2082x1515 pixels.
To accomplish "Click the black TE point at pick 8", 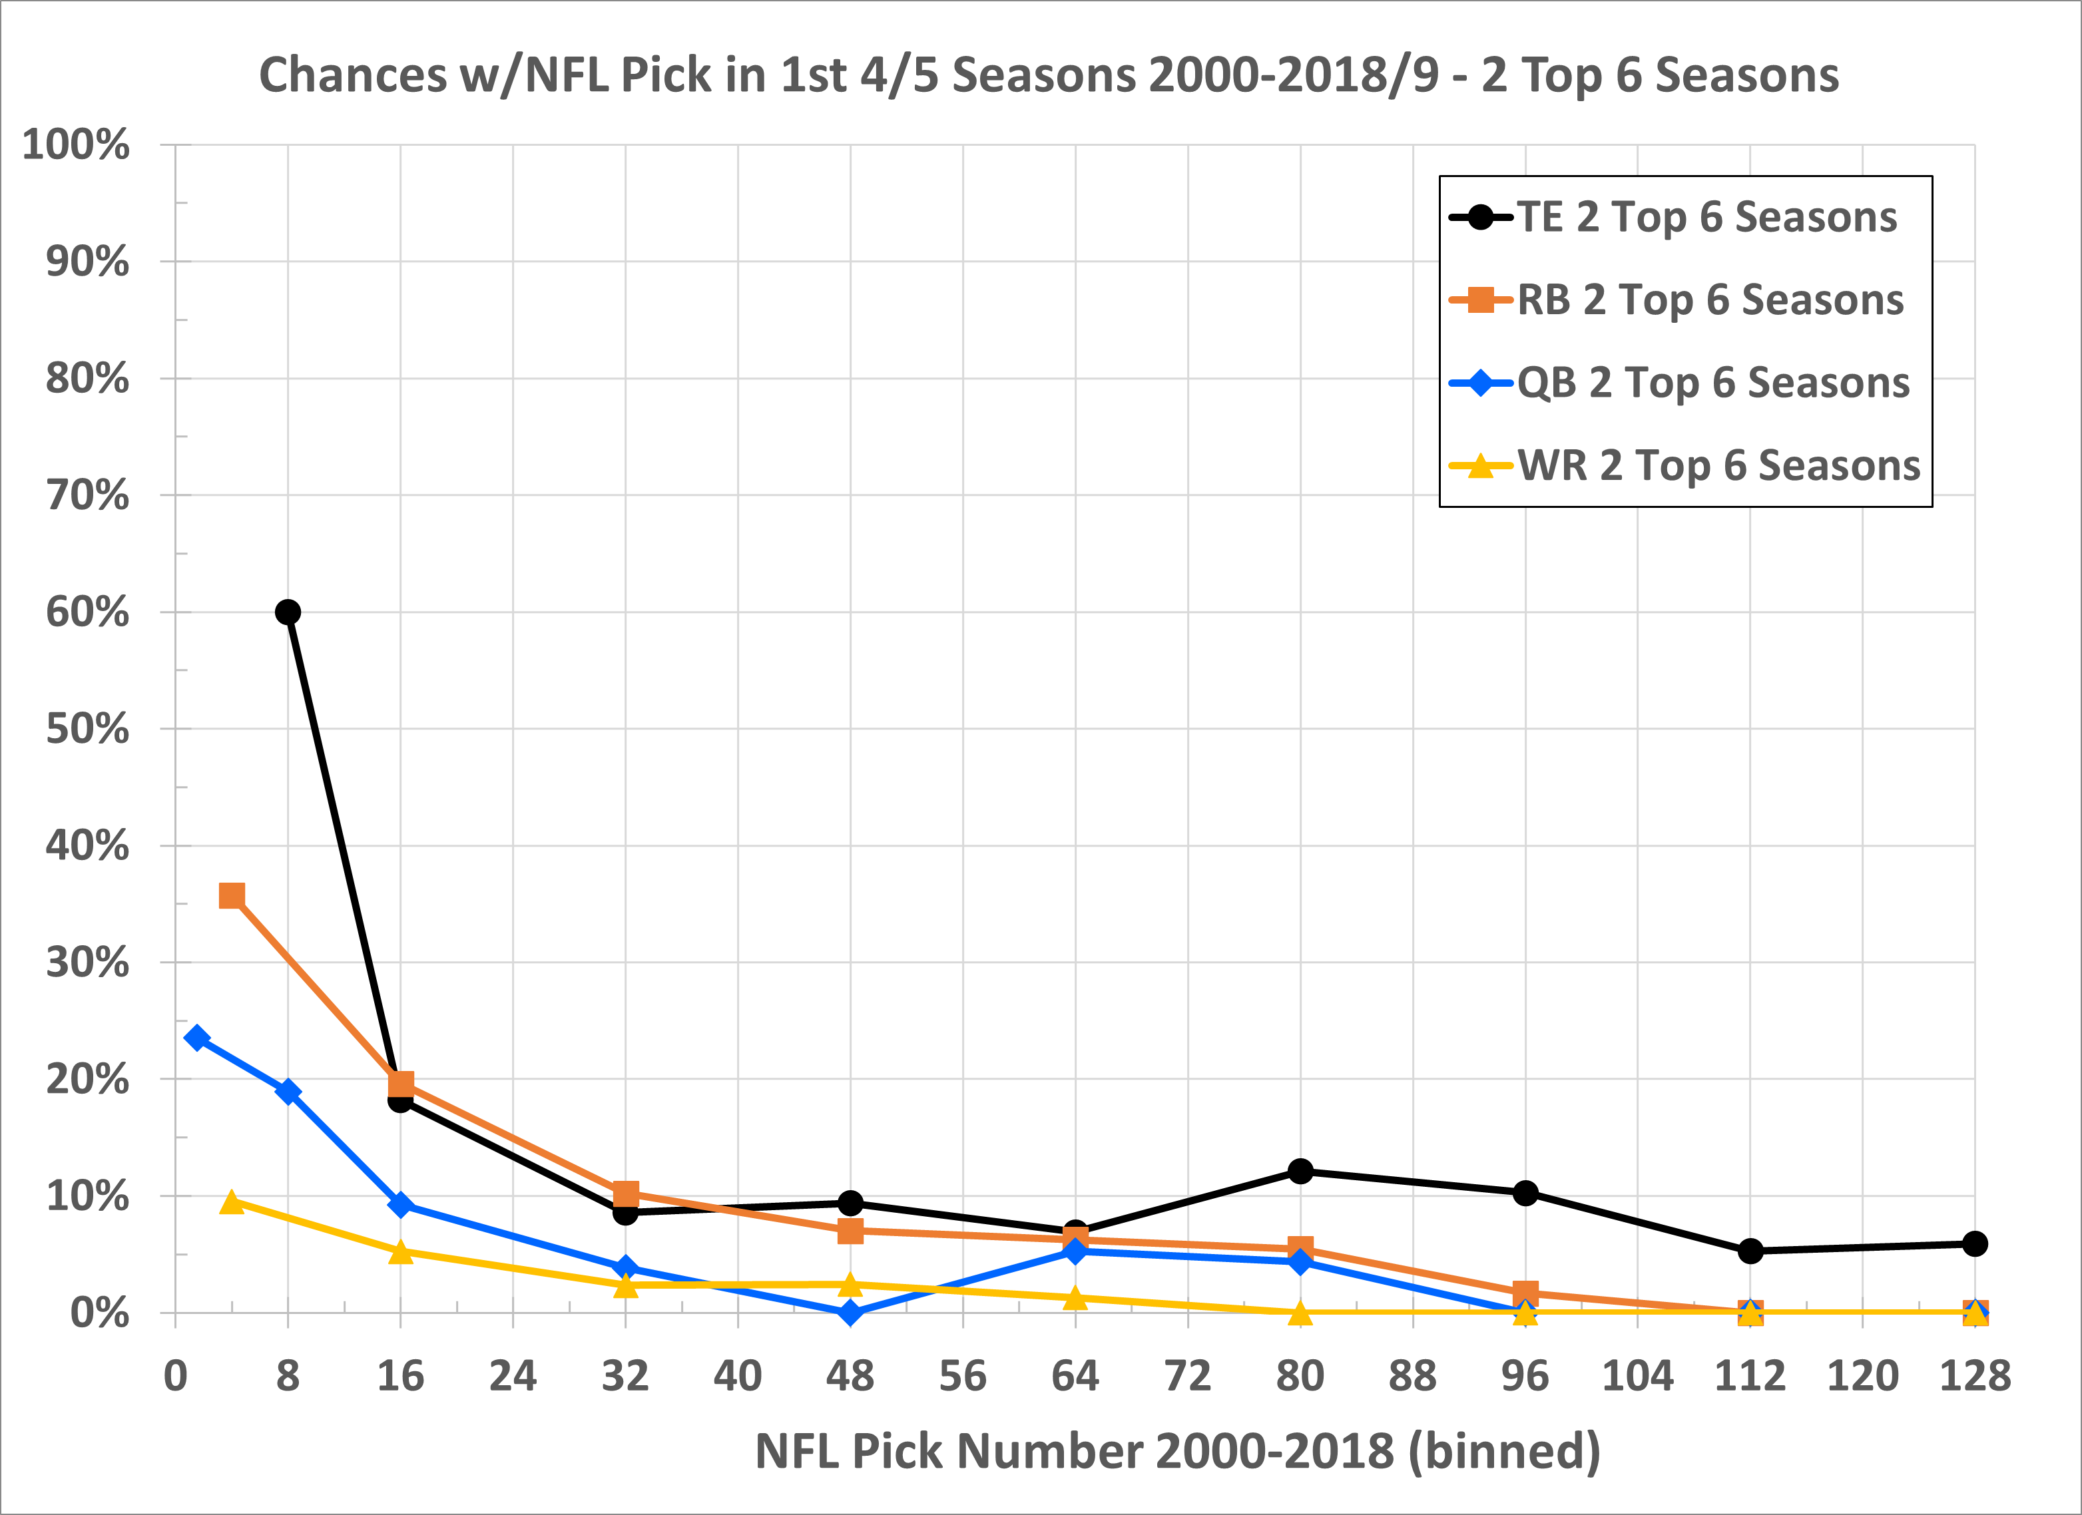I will point(288,612).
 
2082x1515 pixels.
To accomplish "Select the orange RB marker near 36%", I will point(232,895).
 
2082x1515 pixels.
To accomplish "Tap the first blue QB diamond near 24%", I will point(196,1038).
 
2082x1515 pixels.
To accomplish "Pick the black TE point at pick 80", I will point(1300,1171).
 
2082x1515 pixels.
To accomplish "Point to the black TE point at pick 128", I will point(1975,1244).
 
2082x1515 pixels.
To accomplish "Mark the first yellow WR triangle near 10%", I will point(232,1202).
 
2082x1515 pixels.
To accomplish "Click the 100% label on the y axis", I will point(75,145).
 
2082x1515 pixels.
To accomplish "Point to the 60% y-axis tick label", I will point(87,612).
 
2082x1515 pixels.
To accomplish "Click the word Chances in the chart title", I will point(352,75).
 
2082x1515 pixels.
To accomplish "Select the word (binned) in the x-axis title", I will point(1505,1452).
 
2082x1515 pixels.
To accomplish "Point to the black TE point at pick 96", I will point(1525,1193).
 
